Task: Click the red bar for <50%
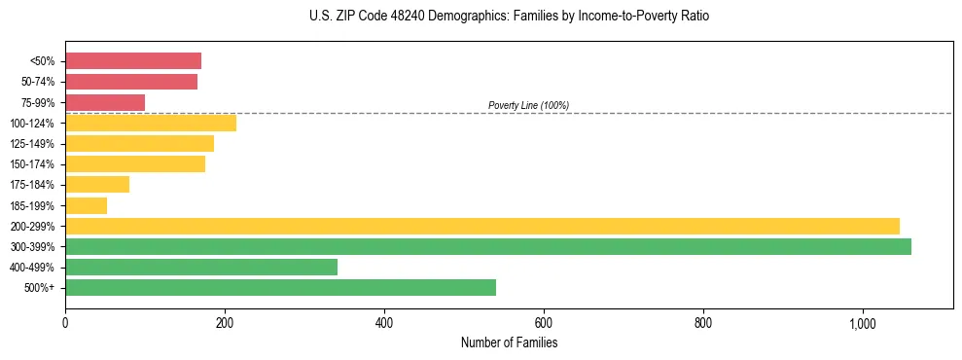[x=133, y=61]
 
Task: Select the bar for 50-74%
[x=131, y=82]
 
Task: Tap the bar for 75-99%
[x=105, y=102]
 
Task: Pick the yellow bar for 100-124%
[x=151, y=123]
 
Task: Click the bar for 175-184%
[x=97, y=184]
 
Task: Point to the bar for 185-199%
[x=86, y=205]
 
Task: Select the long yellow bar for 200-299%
[x=482, y=226]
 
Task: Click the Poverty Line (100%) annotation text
[x=528, y=105]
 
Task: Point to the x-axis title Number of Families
[x=509, y=342]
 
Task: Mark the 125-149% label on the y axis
[x=32, y=144]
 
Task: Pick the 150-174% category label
[x=32, y=164]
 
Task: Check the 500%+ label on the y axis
[x=39, y=288]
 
